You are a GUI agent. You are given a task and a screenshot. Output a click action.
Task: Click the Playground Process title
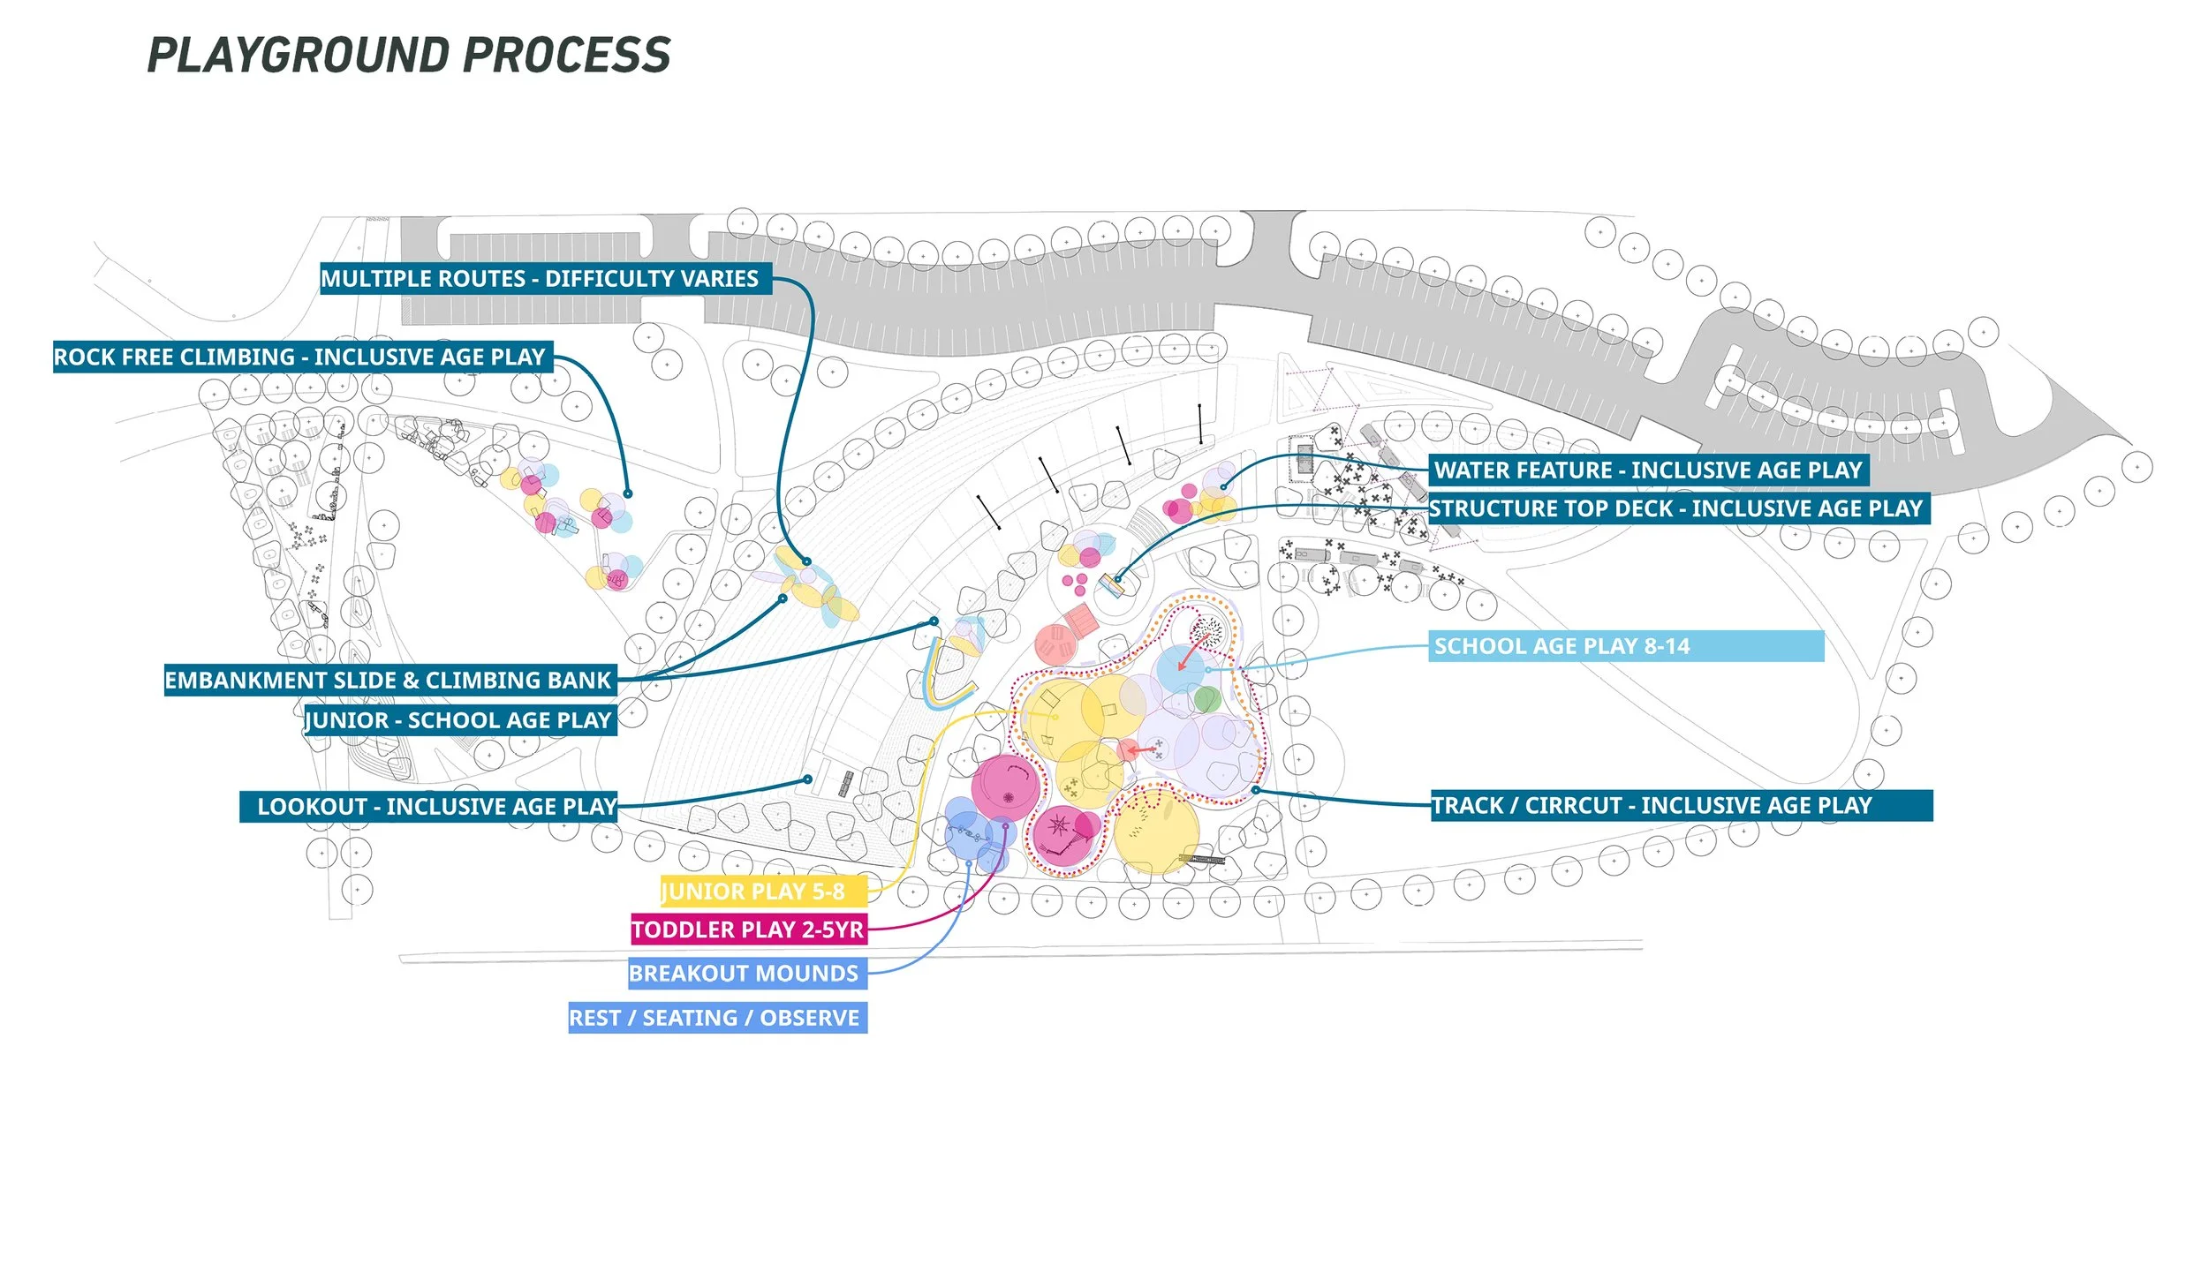tap(408, 55)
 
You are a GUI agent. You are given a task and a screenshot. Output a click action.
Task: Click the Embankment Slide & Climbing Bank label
tap(389, 681)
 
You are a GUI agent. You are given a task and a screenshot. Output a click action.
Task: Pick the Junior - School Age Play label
tap(459, 720)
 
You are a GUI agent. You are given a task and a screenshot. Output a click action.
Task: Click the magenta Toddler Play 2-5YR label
tap(748, 929)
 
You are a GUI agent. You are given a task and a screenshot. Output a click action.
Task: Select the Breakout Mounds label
tap(746, 973)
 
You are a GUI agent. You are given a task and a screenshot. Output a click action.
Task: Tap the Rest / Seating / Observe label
tap(716, 1017)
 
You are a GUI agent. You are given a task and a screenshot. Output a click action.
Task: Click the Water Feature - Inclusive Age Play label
tap(1647, 470)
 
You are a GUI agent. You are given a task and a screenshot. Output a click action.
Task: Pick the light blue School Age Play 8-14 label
tap(1625, 646)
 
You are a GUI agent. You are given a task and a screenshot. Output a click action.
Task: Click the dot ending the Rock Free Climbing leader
tap(628, 493)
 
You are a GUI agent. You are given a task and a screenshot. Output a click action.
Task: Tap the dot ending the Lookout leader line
tap(808, 779)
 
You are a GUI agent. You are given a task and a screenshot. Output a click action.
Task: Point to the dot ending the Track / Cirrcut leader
tap(1256, 790)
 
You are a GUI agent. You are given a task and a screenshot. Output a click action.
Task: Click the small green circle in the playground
tap(1206, 700)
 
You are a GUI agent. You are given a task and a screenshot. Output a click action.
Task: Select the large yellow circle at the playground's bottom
tap(1156, 832)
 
